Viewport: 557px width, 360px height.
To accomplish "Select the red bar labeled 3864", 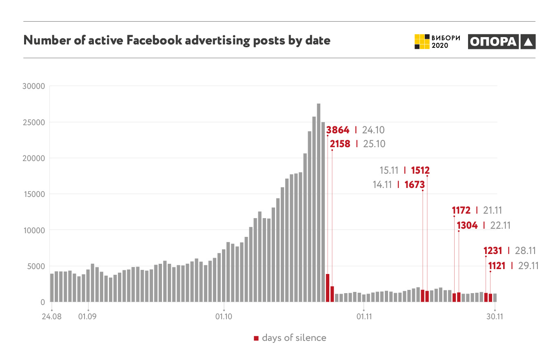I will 328,288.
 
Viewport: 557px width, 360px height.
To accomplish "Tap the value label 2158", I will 340,144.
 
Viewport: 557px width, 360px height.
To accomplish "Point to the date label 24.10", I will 373,130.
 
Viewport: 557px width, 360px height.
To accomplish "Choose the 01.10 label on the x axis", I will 224,316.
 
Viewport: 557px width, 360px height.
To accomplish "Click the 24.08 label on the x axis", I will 52,316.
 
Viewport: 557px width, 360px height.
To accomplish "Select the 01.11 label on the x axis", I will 364,316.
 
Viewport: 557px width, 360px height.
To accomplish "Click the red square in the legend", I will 256,338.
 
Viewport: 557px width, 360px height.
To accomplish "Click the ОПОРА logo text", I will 493,42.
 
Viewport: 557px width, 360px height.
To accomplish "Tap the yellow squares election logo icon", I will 422,42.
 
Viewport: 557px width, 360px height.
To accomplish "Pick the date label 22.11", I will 499,225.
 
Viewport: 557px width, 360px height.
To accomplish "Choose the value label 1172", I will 461,211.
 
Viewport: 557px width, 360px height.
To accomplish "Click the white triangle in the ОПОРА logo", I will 528,42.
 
